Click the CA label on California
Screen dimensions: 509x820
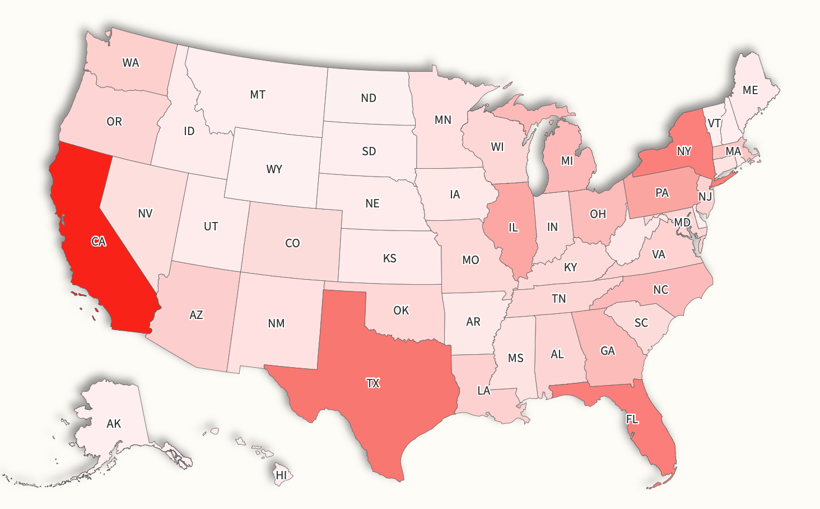click(99, 242)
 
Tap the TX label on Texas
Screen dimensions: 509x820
click(373, 383)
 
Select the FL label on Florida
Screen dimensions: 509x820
click(632, 419)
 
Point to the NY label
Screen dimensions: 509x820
click(684, 151)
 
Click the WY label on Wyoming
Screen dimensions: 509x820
click(274, 169)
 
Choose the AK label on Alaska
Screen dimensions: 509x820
click(114, 424)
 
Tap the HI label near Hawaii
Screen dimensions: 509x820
click(281, 475)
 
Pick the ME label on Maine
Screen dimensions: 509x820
click(750, 90)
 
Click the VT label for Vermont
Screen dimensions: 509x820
click(714, 123)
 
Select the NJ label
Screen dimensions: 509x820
click(705, 197)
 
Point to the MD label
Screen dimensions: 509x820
click(682, 223)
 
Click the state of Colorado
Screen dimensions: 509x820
click(292, 243)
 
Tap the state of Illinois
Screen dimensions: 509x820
click(512, 227)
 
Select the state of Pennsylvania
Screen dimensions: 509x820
click(661, 193)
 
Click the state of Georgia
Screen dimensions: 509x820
click(608, 351)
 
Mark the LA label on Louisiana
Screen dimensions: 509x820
click(484, 391)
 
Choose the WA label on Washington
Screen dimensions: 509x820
click(131, 63)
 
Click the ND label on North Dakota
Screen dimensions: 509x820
click(369, 98)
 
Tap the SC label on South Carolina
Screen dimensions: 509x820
click(641, 323)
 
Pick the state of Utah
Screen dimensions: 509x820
click(211, 226)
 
